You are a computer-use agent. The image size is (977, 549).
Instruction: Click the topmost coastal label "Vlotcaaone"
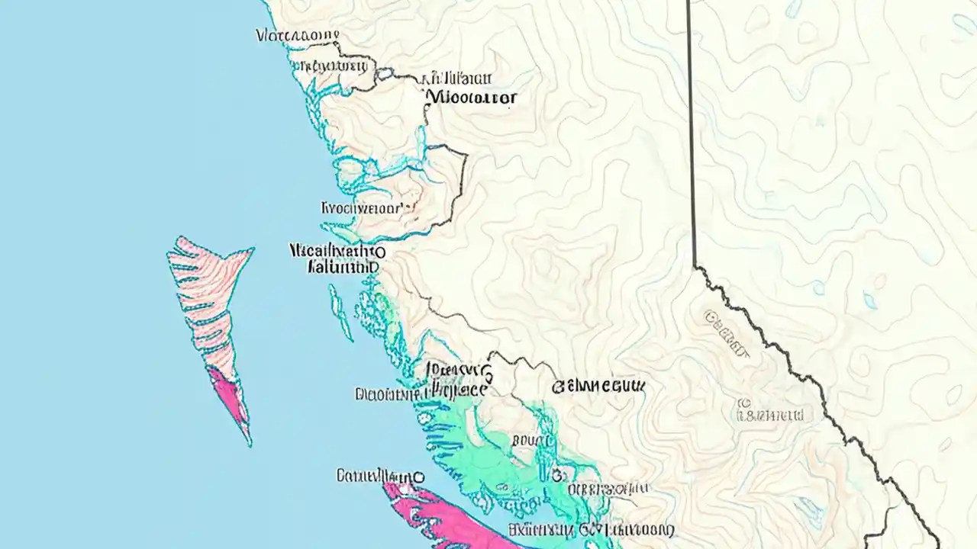tap(297, 35)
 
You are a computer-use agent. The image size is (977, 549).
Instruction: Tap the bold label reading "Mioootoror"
tap(472, 98)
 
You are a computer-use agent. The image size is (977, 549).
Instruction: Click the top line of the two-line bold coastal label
tap(337, 251)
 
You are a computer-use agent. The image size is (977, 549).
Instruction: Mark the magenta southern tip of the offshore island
tap(229, 393)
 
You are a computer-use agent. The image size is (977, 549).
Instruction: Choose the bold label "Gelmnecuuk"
tap(598, 387)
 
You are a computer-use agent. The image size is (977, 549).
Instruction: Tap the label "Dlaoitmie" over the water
tap(390, 394)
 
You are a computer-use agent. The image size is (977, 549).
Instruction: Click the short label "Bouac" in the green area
tap(533, 440)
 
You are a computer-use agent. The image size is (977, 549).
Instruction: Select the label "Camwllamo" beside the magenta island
tap(379, 477)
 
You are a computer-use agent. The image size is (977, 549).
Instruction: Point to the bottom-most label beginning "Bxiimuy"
tap(592, 529)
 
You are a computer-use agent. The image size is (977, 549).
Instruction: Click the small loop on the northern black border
tap(384, 74)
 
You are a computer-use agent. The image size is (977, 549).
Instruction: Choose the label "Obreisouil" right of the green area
tap(610, 489)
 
